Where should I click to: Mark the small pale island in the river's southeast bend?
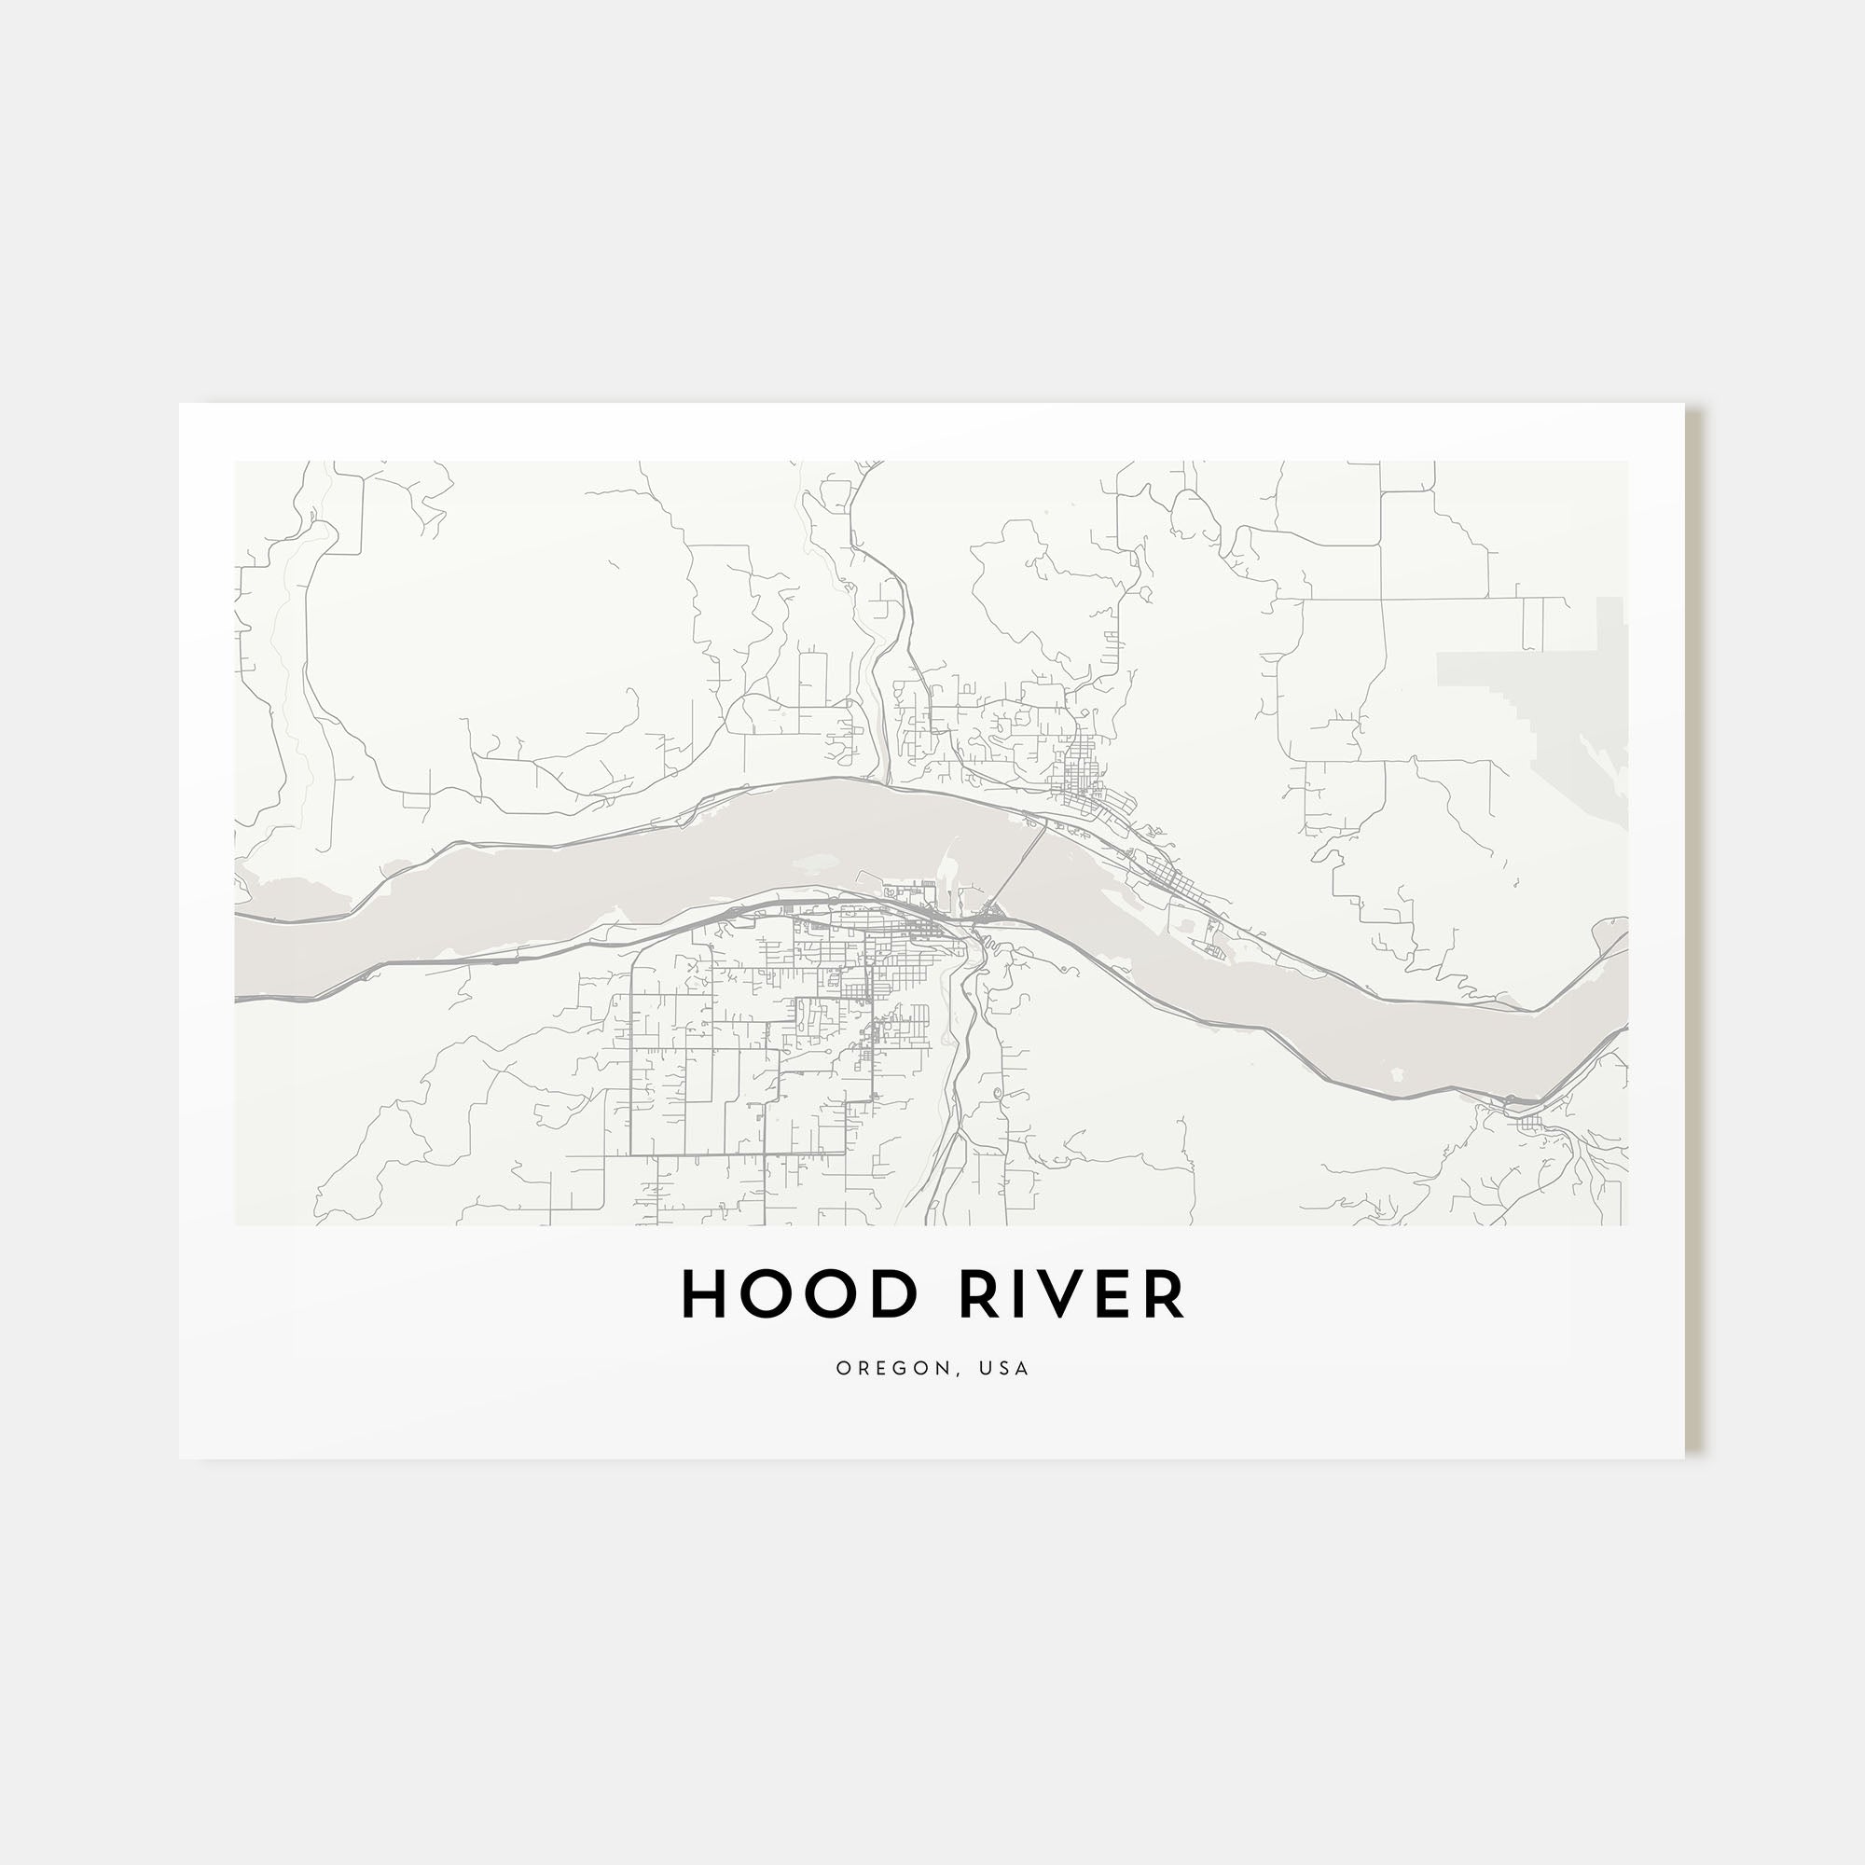(1396, 1072)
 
